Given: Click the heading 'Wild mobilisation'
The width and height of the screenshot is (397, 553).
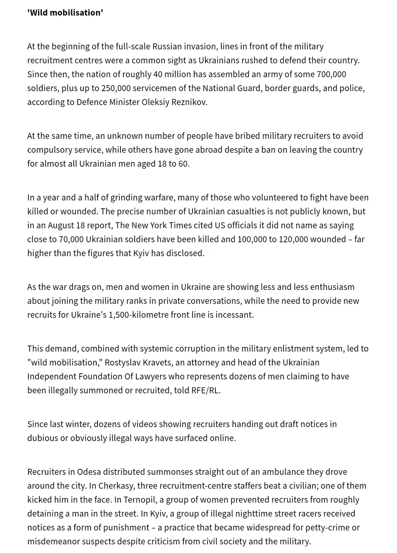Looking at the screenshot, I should tap(65, 13).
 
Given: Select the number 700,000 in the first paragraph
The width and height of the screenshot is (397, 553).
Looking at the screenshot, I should tap(331, 74).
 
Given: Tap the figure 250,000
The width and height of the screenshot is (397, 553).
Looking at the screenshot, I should tap(116, 88).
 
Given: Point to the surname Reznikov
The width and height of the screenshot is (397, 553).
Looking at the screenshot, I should tap(188, 102).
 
